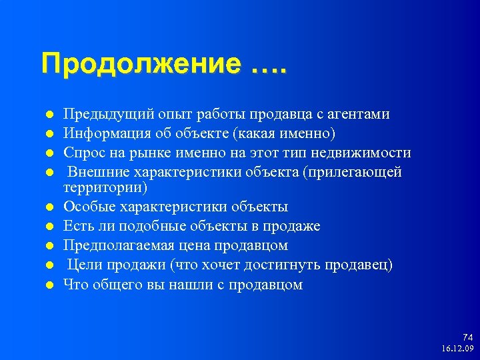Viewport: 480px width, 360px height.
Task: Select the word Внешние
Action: tap(95, 172)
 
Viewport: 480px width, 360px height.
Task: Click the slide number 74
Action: tap(467, 338)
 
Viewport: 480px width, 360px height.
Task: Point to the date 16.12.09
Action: tap(457, 349)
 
